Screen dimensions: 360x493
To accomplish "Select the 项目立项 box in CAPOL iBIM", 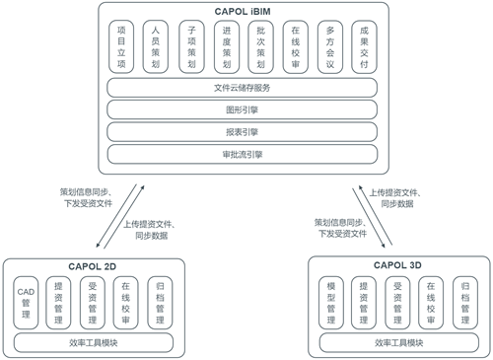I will click(121, 47).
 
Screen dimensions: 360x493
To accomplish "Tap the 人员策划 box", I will click(156, 47).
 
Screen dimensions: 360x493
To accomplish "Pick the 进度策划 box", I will click(225, 47).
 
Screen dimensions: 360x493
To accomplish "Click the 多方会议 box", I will click(328, 47).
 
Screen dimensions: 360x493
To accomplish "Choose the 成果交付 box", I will click(363, 47).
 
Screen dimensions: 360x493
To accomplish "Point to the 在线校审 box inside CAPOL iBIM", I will click(294, 47).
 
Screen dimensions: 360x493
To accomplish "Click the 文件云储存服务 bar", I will click(242, 87).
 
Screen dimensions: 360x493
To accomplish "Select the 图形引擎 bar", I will click(242, 108).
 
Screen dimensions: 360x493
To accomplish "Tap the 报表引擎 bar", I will click(242, 131).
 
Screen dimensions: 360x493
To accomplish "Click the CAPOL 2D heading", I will click(94, 264).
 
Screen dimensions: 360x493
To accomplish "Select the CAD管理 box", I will click(27, 302).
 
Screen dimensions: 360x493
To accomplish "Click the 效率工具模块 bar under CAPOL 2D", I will click(94, 343).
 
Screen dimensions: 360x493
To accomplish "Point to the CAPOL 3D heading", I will click(399, 264).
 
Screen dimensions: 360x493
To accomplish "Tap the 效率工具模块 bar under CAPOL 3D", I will click(399, 343).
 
